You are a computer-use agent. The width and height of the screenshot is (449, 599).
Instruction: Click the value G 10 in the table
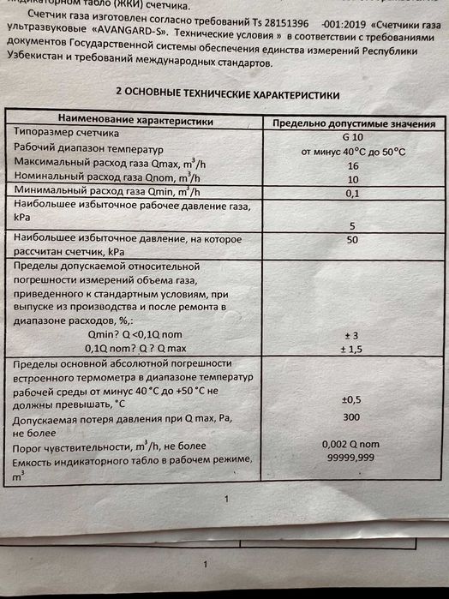point(352,137)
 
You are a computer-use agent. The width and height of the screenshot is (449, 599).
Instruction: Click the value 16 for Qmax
point(353,165)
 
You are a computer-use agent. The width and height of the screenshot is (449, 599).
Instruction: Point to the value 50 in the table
point(352,241)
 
